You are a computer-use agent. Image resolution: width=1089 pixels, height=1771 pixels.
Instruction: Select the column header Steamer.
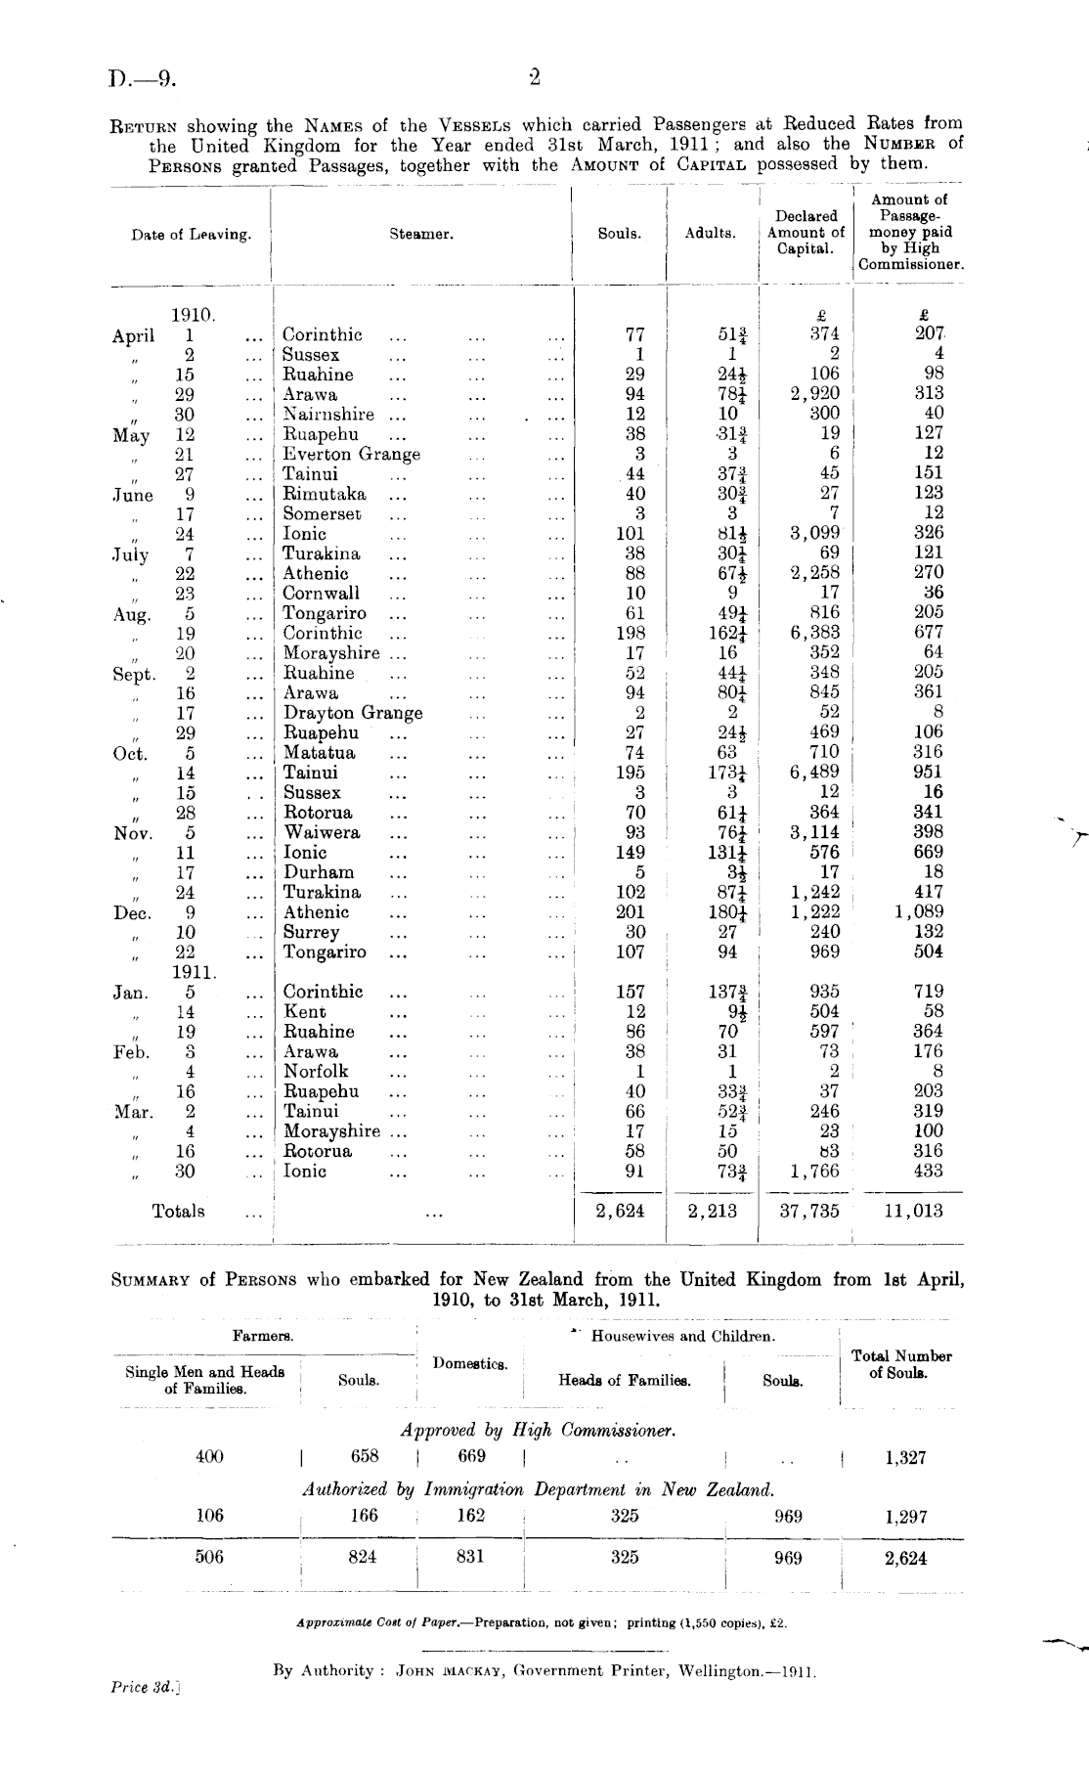(x=421, y=235)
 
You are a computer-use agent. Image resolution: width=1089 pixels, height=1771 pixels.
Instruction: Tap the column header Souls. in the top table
(x=619, y=235)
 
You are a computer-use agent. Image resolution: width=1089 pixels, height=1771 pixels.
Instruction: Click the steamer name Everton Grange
(x=351, y=455)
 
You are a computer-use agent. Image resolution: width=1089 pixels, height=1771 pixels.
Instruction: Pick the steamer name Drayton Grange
(x=352, y=713)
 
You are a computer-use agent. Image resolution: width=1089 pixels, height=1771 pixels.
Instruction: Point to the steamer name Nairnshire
(x=329, y=415)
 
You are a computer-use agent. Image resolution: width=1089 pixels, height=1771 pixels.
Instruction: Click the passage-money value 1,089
(x=919, y=912)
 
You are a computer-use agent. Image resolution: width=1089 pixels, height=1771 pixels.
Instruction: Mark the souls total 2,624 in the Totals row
(x=620, y=1212)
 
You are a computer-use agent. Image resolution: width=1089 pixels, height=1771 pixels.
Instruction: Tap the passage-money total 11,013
(x=913, y=1212)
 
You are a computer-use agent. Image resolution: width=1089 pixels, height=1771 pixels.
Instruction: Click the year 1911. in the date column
(x=194, y=972)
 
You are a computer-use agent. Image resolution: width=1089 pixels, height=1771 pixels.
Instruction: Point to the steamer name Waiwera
(x=322, y=832)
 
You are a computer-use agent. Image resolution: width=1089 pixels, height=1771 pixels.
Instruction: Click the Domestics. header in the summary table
(x=470, y=1363)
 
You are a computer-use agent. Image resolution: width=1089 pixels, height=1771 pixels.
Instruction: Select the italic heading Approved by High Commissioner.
(x=538, y=1430)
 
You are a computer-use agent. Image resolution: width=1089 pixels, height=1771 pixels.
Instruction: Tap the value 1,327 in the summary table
(x=905, y=1458)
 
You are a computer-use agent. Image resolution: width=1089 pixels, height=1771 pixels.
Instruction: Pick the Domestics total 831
(x=470, y=1557)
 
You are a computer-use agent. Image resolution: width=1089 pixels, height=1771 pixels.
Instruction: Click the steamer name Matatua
(x=319, y=753)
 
